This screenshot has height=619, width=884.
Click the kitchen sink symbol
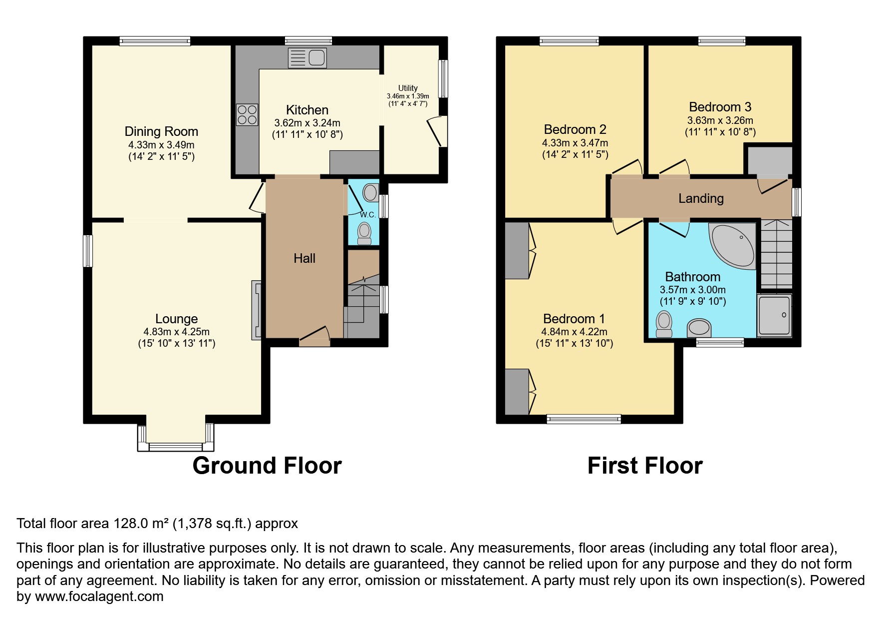[x=307, y=58]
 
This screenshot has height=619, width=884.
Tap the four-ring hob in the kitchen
[x=247, y=115]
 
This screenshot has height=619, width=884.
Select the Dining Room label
[x=161, y=131]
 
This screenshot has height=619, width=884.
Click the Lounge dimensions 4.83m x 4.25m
[x=176, y=332]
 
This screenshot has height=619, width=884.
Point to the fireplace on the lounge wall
[x=256, y=310]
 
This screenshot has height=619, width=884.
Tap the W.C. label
[x=368, y=215]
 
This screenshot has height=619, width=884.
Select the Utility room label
[x=408, y=88]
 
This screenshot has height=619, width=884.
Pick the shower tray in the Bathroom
[x=774, y=315]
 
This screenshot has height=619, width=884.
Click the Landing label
[x=701, y=198]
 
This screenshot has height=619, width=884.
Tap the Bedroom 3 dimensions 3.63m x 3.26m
[x=720, y=120]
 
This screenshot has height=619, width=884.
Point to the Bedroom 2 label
[x=575, y=129]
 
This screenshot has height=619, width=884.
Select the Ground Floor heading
[x=267, y=466]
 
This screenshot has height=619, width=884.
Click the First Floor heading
[x=645, y=466]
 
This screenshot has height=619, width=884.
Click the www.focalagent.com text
[x=99, y=597]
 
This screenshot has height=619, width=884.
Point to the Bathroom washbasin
[x=699, y=328]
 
